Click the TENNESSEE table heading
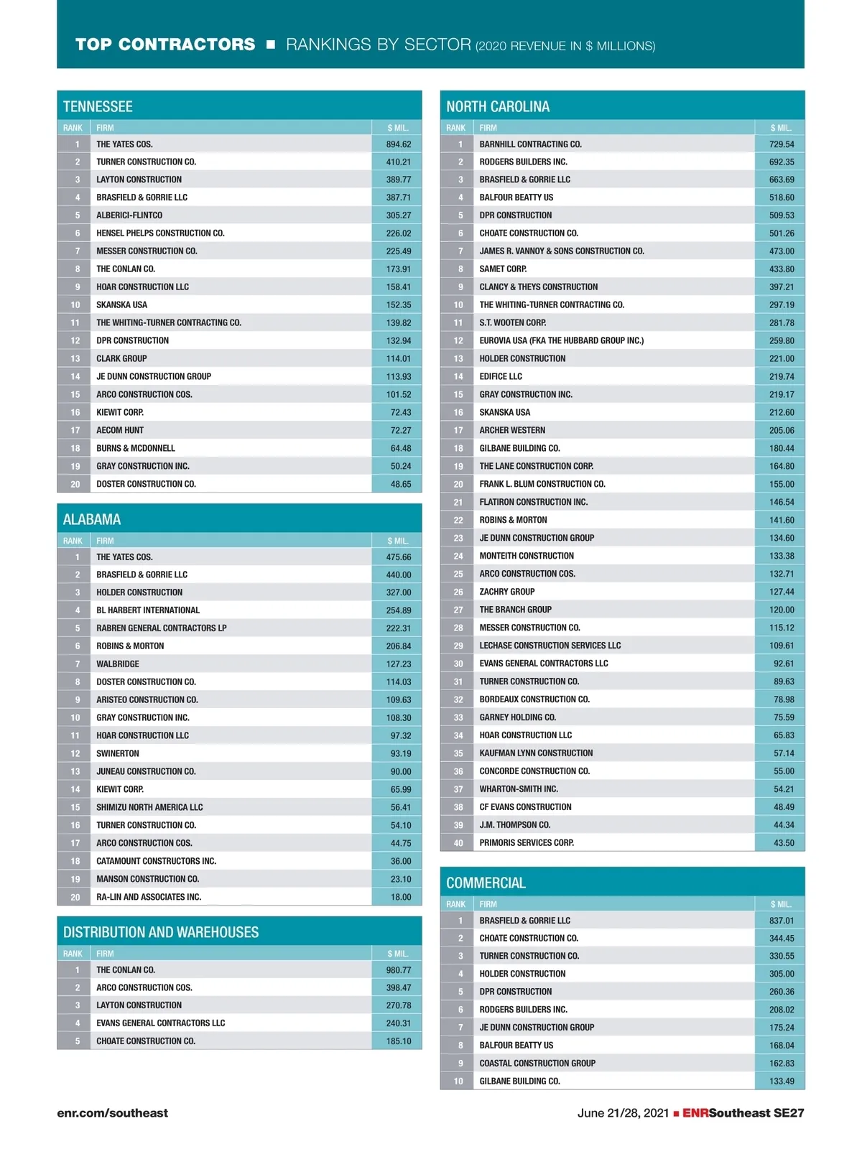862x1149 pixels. click(98, 107)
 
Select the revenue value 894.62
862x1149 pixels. click(399, 144)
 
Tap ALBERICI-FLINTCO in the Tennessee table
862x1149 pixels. click(129, 215)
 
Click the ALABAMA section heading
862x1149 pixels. click(92, 520)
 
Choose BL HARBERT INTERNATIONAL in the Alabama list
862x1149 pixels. click(148, 610)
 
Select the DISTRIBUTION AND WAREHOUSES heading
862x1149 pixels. click(161, 933)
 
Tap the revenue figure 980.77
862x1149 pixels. click(399, 970)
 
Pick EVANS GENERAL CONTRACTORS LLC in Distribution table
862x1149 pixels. click(160, 1023)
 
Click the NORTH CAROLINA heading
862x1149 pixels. click(498, 107)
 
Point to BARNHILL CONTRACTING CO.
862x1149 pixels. click(530, 144)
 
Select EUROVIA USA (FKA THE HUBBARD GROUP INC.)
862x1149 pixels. click(561, 341)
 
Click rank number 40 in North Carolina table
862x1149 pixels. click(458, 843)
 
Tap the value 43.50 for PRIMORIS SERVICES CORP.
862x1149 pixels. click(784, 843)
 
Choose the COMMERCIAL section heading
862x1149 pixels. click(486, 883)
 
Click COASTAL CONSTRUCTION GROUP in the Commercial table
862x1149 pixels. click(537, 1064)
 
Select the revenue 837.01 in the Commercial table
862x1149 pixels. click(782, 921)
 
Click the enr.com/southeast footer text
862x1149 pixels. click(113, 1113)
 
